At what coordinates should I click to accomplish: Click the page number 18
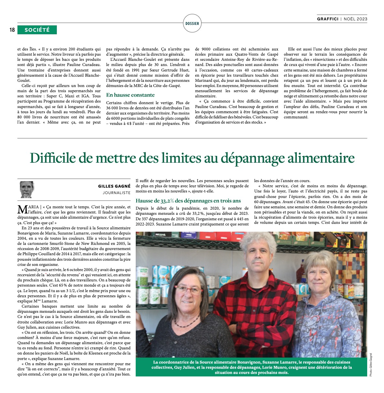tap(12, 30)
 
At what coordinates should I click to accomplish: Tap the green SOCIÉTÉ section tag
tap(37, 30)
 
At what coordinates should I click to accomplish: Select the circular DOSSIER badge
tap(192, 23)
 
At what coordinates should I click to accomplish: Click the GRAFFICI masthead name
tap(328, 19)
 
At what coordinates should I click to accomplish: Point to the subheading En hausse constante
tap(130, 95)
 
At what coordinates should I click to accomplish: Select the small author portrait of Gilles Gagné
tap(27, 190)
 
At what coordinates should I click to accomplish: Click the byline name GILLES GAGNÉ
tap(114, 186)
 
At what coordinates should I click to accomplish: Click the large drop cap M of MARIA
tap(22, 209)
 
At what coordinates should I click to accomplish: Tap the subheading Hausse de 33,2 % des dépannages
tap(188, 201)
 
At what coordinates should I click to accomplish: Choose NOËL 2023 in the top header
tap(355, 19)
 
